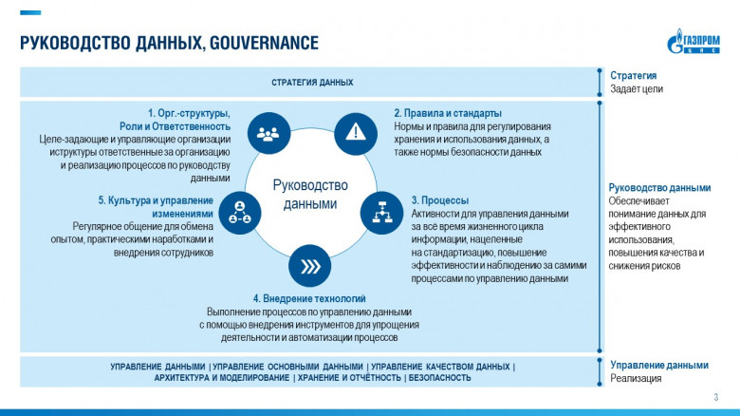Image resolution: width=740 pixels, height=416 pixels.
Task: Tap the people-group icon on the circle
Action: (x=268, y=133)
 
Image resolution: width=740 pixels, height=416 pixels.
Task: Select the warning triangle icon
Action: (x=355, y=131)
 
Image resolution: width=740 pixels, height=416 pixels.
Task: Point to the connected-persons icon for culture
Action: (x=239, y=211)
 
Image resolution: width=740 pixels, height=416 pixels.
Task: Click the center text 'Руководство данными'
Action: (x=310, y=194)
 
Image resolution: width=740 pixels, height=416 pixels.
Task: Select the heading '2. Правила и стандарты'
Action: (x=447, y=113)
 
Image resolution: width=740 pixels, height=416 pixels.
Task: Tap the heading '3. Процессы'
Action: (x=439, y=200)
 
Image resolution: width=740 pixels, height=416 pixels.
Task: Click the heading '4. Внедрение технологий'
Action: (x=308, y=299)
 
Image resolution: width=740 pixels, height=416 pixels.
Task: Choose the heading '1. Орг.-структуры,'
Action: (x=189, y=113)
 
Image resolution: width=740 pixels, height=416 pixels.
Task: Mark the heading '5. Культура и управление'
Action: (x=156, y=200)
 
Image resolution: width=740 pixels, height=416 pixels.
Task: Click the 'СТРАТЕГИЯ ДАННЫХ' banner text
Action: (x=312, y=83)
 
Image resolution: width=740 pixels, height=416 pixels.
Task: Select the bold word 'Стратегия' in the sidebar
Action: (x=633, y=76)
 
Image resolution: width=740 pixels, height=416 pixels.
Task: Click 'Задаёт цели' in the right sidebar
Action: (x=636, y=89)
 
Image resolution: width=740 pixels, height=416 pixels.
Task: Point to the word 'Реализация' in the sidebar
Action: (x=635, y=378)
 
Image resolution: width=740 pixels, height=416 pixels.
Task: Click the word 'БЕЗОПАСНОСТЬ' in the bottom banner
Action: (x=440, y=378)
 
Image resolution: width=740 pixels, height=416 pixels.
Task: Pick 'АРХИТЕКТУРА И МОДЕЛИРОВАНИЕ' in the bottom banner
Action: (x=222, y=378)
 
